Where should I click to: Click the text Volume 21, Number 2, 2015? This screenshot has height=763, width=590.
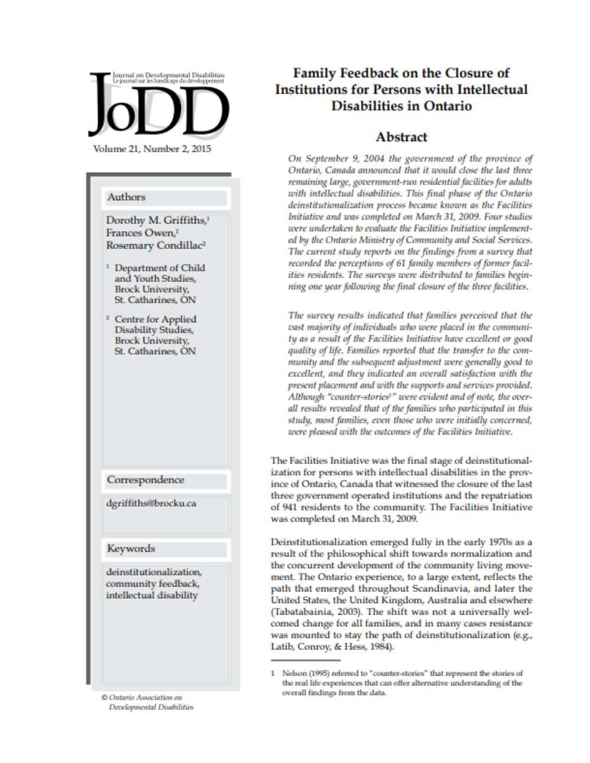[152, 149]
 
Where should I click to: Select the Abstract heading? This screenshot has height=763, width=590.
[401, 137]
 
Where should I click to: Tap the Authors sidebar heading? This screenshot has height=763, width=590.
[126, 197]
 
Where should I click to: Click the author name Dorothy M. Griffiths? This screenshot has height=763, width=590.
[156, 220]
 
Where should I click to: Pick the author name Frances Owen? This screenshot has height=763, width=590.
[140, 233]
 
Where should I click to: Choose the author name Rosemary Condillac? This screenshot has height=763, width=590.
[154, 245]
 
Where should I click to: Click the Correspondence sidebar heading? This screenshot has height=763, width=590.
[145, 480]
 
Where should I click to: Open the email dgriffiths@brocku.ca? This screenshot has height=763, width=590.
[151, 504]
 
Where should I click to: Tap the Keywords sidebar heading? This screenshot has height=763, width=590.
[131, 549]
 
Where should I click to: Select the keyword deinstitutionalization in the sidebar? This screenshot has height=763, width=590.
[153, 572]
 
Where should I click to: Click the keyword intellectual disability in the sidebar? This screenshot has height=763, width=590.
[151, 595]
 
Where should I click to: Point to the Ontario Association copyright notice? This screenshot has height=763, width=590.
[147, 702]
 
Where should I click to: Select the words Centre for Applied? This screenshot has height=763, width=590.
[155, 319]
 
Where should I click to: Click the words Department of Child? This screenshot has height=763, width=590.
[159, 268]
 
